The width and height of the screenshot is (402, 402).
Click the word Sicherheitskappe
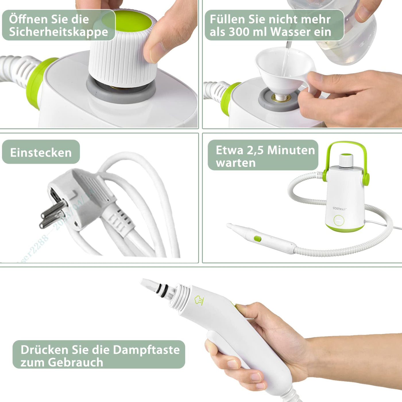(x=59, y=32)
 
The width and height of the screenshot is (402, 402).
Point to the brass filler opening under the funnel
(x=281, y=98)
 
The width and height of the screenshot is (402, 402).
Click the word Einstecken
(x=41, y=152)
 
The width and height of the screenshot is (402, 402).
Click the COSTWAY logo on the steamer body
(x=340, y=209)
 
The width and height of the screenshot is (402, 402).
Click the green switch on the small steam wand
(x=257, y=238)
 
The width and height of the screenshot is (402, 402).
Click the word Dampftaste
(x=146, y=350)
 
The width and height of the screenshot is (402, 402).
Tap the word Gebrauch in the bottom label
(x=76, y=362)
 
